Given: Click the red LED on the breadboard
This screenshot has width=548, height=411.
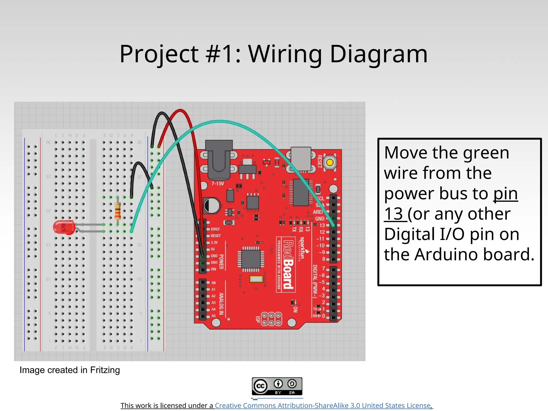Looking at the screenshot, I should [64, 228].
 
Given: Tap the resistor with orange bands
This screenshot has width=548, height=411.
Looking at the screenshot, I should [118, 211].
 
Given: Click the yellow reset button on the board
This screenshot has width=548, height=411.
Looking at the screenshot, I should [330, 162].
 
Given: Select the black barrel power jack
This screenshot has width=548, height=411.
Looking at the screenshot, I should [219, 160].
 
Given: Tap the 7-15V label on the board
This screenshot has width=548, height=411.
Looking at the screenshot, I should [218, 184].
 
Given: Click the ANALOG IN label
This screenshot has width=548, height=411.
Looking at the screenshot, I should [221, 303].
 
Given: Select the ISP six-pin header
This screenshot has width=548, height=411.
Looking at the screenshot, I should [271, 319].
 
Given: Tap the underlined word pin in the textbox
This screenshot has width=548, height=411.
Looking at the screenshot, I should [505, 193].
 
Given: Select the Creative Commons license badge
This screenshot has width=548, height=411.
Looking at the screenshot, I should [277, 386].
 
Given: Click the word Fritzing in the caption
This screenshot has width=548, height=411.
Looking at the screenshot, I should [105, 370].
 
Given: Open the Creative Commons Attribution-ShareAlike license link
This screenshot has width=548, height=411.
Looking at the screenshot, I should [323, 406].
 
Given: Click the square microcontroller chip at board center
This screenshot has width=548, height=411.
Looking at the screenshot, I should [251, 259].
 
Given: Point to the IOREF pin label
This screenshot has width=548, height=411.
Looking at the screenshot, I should [215, 229].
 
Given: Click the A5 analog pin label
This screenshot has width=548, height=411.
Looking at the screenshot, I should [214, 316].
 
